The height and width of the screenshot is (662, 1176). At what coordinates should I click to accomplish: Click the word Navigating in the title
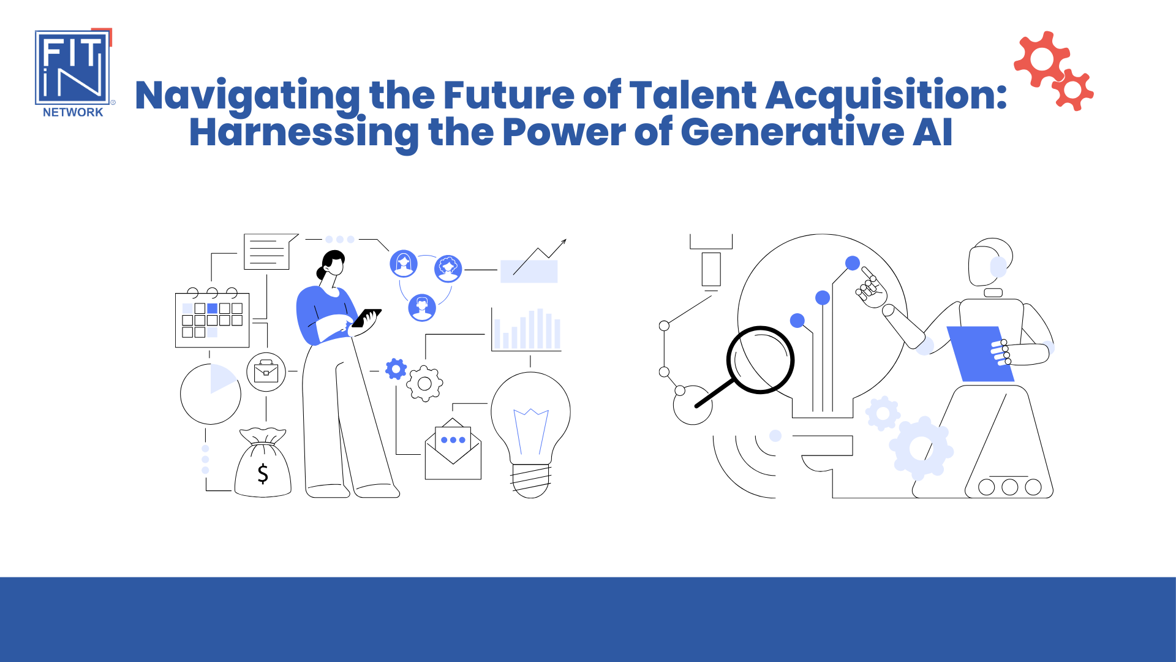point(248,96)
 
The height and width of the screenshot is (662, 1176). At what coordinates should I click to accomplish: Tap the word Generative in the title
point(792,132)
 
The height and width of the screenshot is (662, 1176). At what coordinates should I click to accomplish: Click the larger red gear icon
point(1042,59)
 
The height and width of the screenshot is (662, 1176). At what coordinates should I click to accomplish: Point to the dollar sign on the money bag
point(263,473)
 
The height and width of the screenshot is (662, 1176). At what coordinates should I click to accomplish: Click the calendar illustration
point(212,318)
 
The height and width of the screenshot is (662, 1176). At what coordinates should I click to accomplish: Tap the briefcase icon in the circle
point(266,371)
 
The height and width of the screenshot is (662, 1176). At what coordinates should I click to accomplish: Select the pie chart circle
point(211,394)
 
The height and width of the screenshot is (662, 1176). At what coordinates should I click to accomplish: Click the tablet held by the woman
point(366,318)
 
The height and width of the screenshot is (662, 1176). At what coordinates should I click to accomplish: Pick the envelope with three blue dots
point(453,449)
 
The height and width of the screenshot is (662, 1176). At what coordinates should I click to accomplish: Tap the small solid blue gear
point(396,369)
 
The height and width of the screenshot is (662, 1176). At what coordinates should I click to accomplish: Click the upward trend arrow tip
point(566,240)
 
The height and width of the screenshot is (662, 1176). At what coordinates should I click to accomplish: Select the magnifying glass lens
point(761,360)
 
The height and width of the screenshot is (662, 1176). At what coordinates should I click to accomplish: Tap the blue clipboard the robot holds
point(980,354)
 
